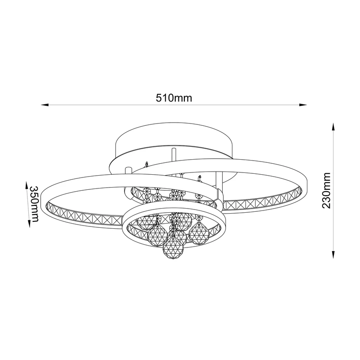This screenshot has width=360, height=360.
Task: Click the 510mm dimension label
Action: click(x=174, y=98)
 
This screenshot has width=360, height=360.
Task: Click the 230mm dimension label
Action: click(x=326, y=191)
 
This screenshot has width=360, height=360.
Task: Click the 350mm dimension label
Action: click(x=34, y=204)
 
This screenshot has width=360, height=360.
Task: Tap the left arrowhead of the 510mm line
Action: click(x=45, y=105)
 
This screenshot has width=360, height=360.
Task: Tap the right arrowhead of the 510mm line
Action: click(x=303, y=105)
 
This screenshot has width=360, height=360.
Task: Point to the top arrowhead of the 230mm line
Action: click(x=333, y=127)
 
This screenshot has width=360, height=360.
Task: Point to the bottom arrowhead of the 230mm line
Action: click(x=333, y=255)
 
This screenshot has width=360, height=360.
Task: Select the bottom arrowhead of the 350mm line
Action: click(x=29, y=224)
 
